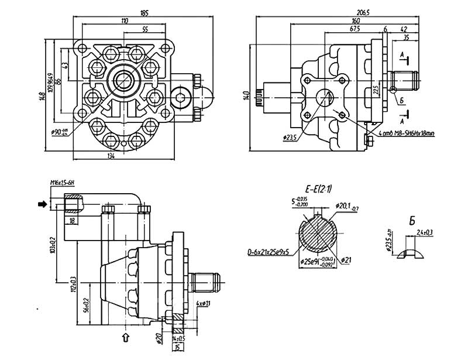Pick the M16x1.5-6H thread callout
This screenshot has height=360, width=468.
(x=62, y=184)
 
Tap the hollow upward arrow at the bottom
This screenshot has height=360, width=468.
(x=125, y=337)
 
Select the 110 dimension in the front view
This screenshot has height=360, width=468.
(x=125, y=20)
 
